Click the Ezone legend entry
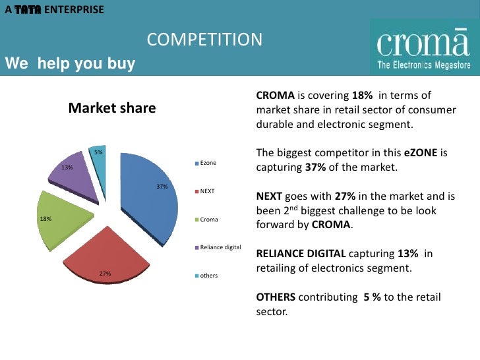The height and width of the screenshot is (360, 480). coord(208,162)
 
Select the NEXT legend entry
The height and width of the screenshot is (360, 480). coord(207,191)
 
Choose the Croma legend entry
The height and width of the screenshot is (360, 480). coord(208,219)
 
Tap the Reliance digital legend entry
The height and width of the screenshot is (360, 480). coord(220,247)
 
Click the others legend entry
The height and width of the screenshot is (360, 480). coord(208,275)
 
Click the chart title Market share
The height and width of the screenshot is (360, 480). coord(112,108)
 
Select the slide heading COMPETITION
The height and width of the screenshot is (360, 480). coord(204,40)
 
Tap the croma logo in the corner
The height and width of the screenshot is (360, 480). coord(423,47)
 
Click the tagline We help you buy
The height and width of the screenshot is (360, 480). coord(70,64)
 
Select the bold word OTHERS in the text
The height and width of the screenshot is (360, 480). coord(275,297)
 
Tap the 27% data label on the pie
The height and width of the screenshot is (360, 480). coord(105,273)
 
